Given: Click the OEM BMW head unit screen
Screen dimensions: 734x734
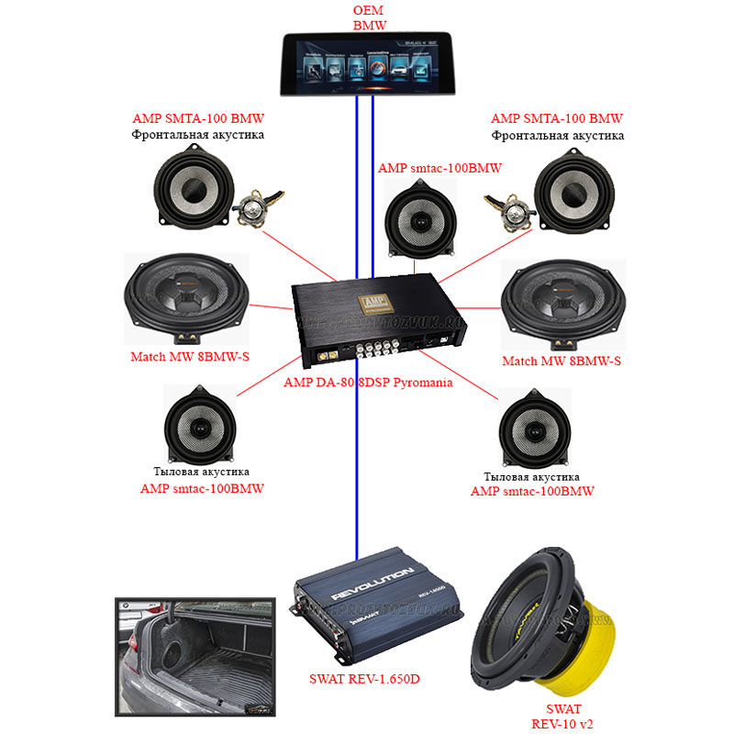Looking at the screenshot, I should pos(371,65).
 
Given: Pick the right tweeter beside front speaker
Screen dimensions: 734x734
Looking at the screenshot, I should pos(511,210).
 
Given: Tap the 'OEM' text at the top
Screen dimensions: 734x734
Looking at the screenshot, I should pos(371,10).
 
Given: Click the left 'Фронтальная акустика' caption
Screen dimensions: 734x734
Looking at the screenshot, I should pos(198,135).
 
